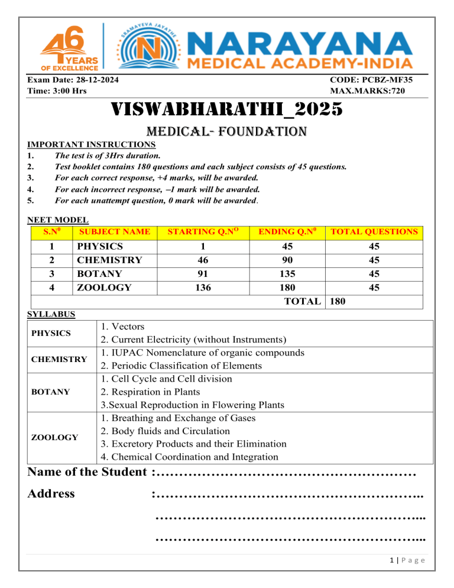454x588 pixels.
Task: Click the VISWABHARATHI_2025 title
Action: click(x=226, y=111)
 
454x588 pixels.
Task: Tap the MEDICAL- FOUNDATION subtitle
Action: click(x=226, y=131)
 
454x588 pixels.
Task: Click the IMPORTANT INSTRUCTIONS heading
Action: click(x=92, y=144)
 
